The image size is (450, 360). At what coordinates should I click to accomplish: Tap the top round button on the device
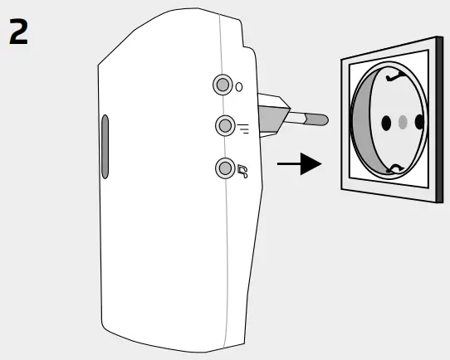point(223,85)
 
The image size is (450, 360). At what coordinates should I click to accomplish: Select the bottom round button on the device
point(224,168)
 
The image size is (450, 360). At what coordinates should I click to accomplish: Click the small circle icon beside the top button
point(240,86)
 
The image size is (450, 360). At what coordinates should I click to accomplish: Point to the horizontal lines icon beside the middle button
point(242,127)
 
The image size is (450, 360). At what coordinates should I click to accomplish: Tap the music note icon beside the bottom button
point(242,172)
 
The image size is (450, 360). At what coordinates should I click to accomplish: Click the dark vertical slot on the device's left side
point(105,147)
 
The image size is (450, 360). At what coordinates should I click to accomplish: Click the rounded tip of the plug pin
point(322,121)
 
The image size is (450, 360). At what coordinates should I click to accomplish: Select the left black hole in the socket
point(384,123)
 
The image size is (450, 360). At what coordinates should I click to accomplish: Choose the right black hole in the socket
point(419,123)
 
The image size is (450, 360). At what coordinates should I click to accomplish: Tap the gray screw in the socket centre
point(403,123)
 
